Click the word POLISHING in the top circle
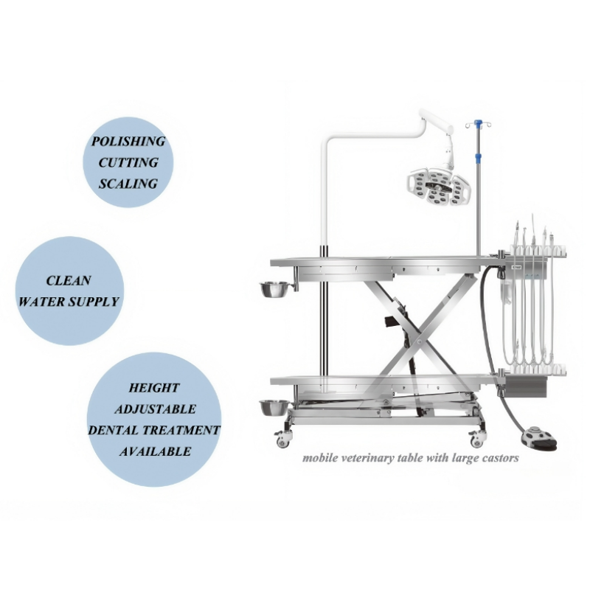tap(128, 142)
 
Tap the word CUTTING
tap(128, 162)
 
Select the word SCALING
tap(128, 184)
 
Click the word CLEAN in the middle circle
tap(69, 281)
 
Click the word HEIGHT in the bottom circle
tap(154, 388)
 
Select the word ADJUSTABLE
tap(155, 409)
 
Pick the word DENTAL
tap(114, 430)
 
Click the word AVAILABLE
tap(155, 451)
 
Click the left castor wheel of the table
tap(282, 439)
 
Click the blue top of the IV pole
tap(478, 123)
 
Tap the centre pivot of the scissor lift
tap(419, 342)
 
